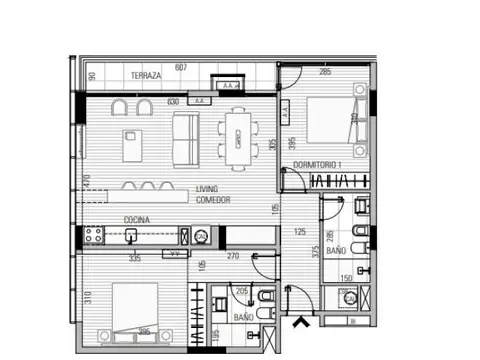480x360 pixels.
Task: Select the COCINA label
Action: tap(138, 219)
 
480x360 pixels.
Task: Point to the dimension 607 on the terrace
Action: tap(181, 67)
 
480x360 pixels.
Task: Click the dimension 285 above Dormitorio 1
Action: tap(325, 71)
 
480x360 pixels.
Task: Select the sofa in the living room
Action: tap(186, 138)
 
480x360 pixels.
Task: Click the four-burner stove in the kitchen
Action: tap(95, 236)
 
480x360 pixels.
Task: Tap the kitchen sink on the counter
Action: tap(131, 236)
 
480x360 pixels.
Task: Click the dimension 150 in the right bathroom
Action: tap(347, 278)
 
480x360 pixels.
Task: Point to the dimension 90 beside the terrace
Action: tap(91, 76)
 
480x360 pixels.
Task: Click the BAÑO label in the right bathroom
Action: tap(336, 252)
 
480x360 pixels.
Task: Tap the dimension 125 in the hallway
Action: tap(299, 232)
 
